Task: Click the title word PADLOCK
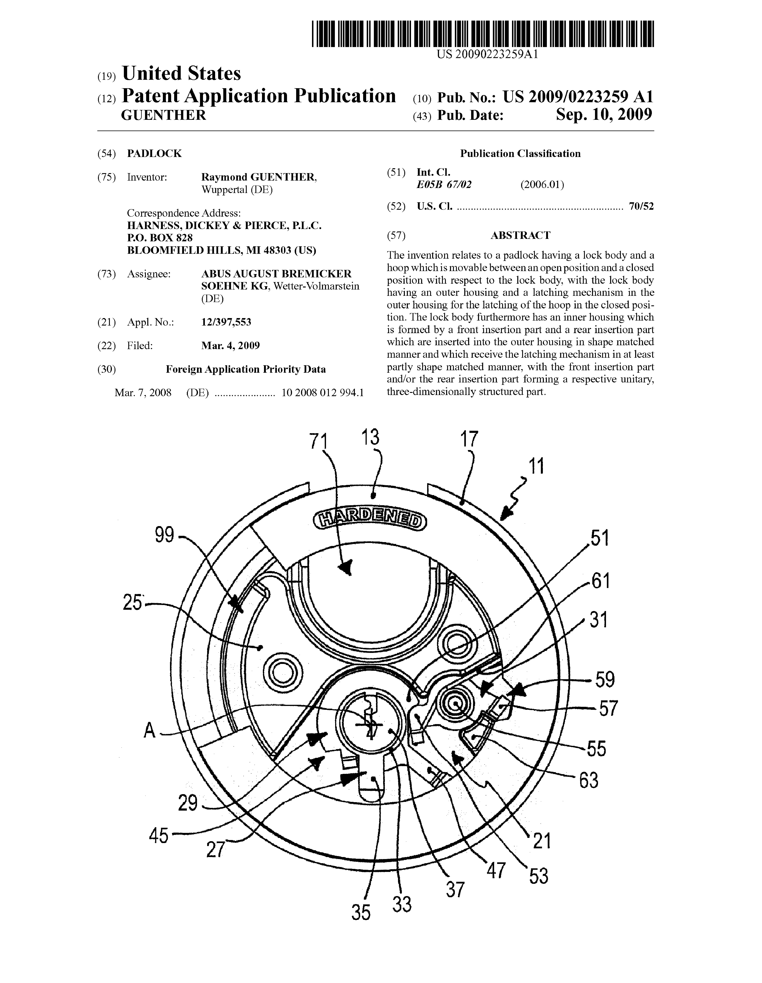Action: click(154, 154)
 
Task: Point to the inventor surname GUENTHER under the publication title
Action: click(164, 115)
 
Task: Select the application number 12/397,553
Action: click(226, 322)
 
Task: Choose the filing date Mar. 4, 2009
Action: click(230, 346)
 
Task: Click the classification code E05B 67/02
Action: click(444, 185)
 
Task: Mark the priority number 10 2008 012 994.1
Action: click(322, 392)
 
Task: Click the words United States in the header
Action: click(181, 73)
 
